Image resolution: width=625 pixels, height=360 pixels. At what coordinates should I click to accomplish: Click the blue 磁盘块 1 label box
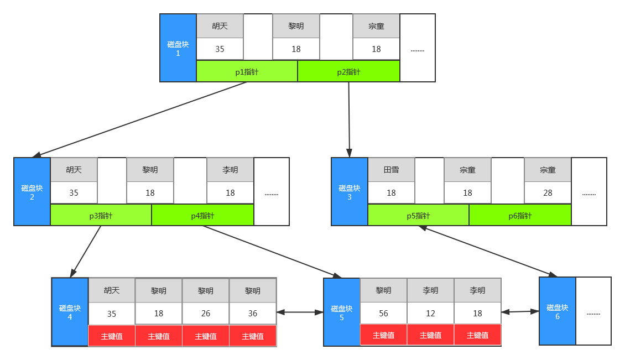[x=178, y=48]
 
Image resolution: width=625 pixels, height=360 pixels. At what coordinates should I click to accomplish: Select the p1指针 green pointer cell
[x=247, y=72]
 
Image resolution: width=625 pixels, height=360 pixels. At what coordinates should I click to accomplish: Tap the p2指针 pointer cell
[x=349, y=72]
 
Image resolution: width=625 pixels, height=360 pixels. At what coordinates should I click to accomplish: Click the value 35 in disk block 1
[x=220, y=49]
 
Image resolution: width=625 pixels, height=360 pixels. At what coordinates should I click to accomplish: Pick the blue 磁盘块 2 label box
[x=32, y=192]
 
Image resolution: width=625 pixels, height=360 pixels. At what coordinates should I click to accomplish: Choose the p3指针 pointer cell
[x=101, y=216]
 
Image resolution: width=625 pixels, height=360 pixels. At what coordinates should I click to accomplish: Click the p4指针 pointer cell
[x=203, y=216]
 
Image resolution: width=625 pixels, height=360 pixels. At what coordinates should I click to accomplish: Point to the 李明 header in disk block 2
[x=231, y=170]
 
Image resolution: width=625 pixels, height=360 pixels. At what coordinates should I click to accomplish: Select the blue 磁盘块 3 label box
[x=350, y=192]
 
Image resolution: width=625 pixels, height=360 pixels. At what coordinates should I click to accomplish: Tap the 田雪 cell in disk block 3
[x=392, y=170]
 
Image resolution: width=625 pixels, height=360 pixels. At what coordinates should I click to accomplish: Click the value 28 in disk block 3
[x=548, y=193]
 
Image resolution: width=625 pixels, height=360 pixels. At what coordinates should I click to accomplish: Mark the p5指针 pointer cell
[x=419, y=216]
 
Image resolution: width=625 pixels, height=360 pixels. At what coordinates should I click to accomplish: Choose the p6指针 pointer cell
[x=520, y=216]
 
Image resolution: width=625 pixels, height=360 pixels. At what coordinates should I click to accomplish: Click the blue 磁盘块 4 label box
[x=70, y=312]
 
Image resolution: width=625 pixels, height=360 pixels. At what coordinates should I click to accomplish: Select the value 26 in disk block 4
[x=206, y=314]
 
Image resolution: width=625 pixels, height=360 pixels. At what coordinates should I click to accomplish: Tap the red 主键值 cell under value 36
[x=253, y=336]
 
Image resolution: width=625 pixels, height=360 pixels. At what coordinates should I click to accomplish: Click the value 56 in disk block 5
[x=383, y=314]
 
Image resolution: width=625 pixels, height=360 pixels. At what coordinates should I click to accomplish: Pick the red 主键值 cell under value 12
[x=430, y=335]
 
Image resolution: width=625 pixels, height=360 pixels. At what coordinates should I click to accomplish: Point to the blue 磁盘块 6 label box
[x=558, y=311]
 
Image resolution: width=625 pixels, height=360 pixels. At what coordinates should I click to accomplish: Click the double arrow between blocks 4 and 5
[x=300, y=312]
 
